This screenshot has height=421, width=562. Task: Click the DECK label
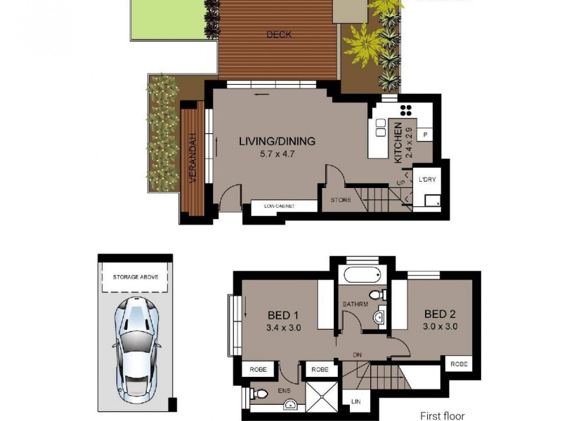(x=279, y=34)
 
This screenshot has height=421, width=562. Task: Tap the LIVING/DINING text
(x=277, y=141)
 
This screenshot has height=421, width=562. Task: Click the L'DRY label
(x=427, y=180)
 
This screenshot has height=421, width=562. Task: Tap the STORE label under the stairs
(x=341, y=200)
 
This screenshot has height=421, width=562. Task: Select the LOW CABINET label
(x=280, y=206)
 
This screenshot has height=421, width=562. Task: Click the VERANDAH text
(x=192, y=159)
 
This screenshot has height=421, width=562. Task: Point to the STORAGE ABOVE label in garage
(x=136, y=277)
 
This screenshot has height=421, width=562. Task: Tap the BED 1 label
(x=285, y=314)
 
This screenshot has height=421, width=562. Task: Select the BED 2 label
(x=441, y=314)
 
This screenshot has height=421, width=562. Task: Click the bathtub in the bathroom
(x=360, y=275)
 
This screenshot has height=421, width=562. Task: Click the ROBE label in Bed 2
(x=459, y=364)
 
